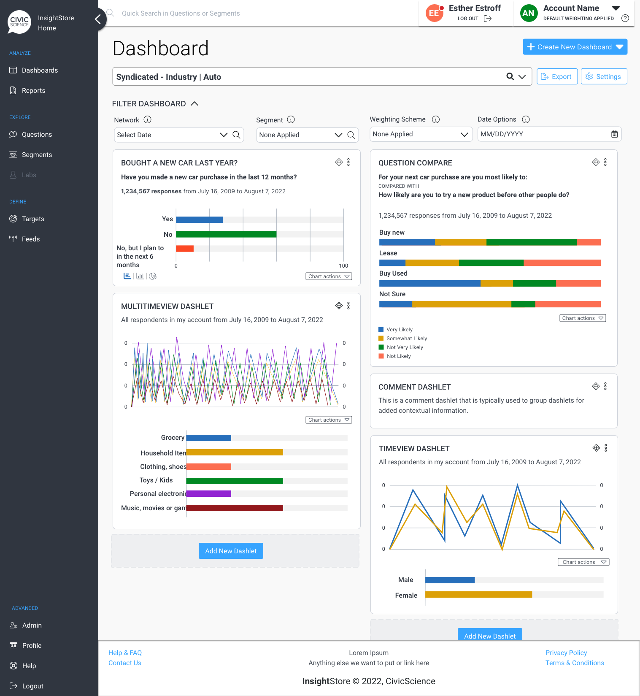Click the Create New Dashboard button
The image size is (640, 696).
coord(575,47)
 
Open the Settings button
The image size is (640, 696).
coord(604,76)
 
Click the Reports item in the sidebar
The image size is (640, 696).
coord(33,91)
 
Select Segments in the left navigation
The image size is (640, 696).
coord(37,155)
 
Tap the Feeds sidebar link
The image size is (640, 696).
coord(30,239)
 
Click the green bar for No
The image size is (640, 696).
coord(226,234)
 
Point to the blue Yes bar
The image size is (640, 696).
coord(199,219)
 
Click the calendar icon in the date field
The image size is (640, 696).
coord(614,134)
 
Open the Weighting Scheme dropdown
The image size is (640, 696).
coord(421,134)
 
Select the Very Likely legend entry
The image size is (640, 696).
coord(396,330)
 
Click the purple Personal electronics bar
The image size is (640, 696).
coord(209,494)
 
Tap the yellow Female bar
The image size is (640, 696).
coord(479,595)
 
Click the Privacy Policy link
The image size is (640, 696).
coord(566,653)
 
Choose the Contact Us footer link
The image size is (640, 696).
coord(125,663)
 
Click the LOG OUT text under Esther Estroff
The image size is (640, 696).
coord(468,19)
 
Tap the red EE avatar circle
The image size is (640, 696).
coord(434,13)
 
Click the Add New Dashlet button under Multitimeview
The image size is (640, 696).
coord(231,551)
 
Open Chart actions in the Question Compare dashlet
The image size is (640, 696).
coord(583,318)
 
